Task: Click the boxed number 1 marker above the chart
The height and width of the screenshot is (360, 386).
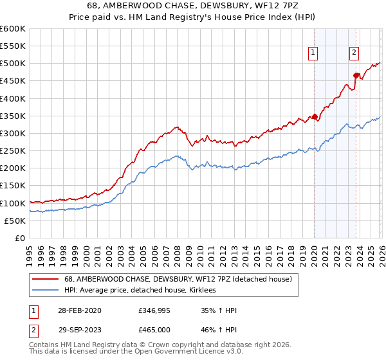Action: (313, 53)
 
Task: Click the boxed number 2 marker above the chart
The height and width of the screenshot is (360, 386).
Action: (354, 53)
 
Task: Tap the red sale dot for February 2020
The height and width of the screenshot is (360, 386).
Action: (315, 117)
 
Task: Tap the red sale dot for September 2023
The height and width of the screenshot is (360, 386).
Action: (356, 76)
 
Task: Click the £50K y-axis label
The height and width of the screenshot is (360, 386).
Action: (15, 221)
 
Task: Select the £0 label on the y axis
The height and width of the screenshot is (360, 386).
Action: (21, 238)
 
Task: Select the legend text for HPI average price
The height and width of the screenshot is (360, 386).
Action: (143, 290)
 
